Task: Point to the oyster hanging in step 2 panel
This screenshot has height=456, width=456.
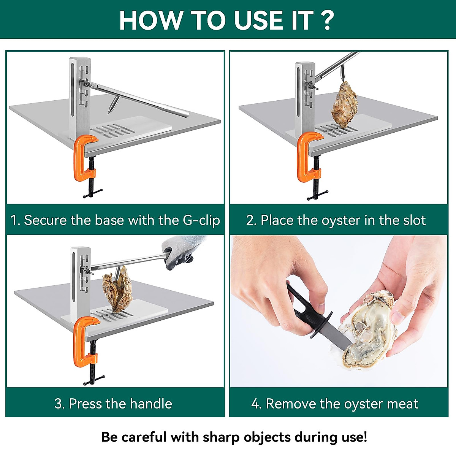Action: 344,104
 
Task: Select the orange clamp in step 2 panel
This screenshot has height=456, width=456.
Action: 306,156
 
